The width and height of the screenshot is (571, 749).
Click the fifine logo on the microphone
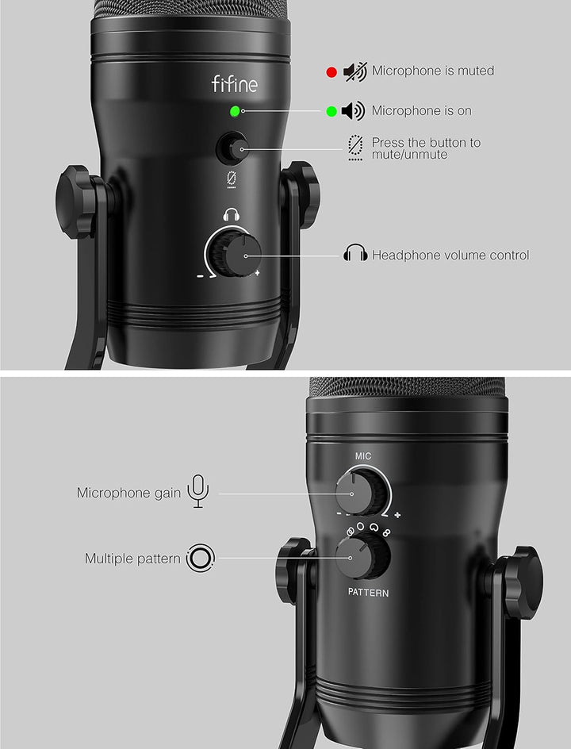[234, 83]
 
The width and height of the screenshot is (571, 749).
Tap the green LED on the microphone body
[235, 111]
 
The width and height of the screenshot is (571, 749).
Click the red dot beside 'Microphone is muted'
[331, 72]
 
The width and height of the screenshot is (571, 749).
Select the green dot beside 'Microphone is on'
[331, 111]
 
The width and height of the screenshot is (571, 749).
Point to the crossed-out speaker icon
[354, 71]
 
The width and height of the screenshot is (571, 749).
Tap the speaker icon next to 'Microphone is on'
[353, 111]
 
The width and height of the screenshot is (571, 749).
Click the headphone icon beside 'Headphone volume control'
[355, 255]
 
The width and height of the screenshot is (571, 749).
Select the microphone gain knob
[352, 493]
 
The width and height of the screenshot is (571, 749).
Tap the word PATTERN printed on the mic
[368, 593]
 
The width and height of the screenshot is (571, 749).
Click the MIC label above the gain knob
[362, 456]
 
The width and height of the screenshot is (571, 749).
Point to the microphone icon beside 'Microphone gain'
[197, 492]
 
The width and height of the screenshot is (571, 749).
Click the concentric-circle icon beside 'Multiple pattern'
[198, 559]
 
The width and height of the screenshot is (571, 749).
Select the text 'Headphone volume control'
[450, 255]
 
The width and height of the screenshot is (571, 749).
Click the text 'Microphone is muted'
[432, 71]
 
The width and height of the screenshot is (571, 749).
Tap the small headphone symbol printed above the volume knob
[232, 215]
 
